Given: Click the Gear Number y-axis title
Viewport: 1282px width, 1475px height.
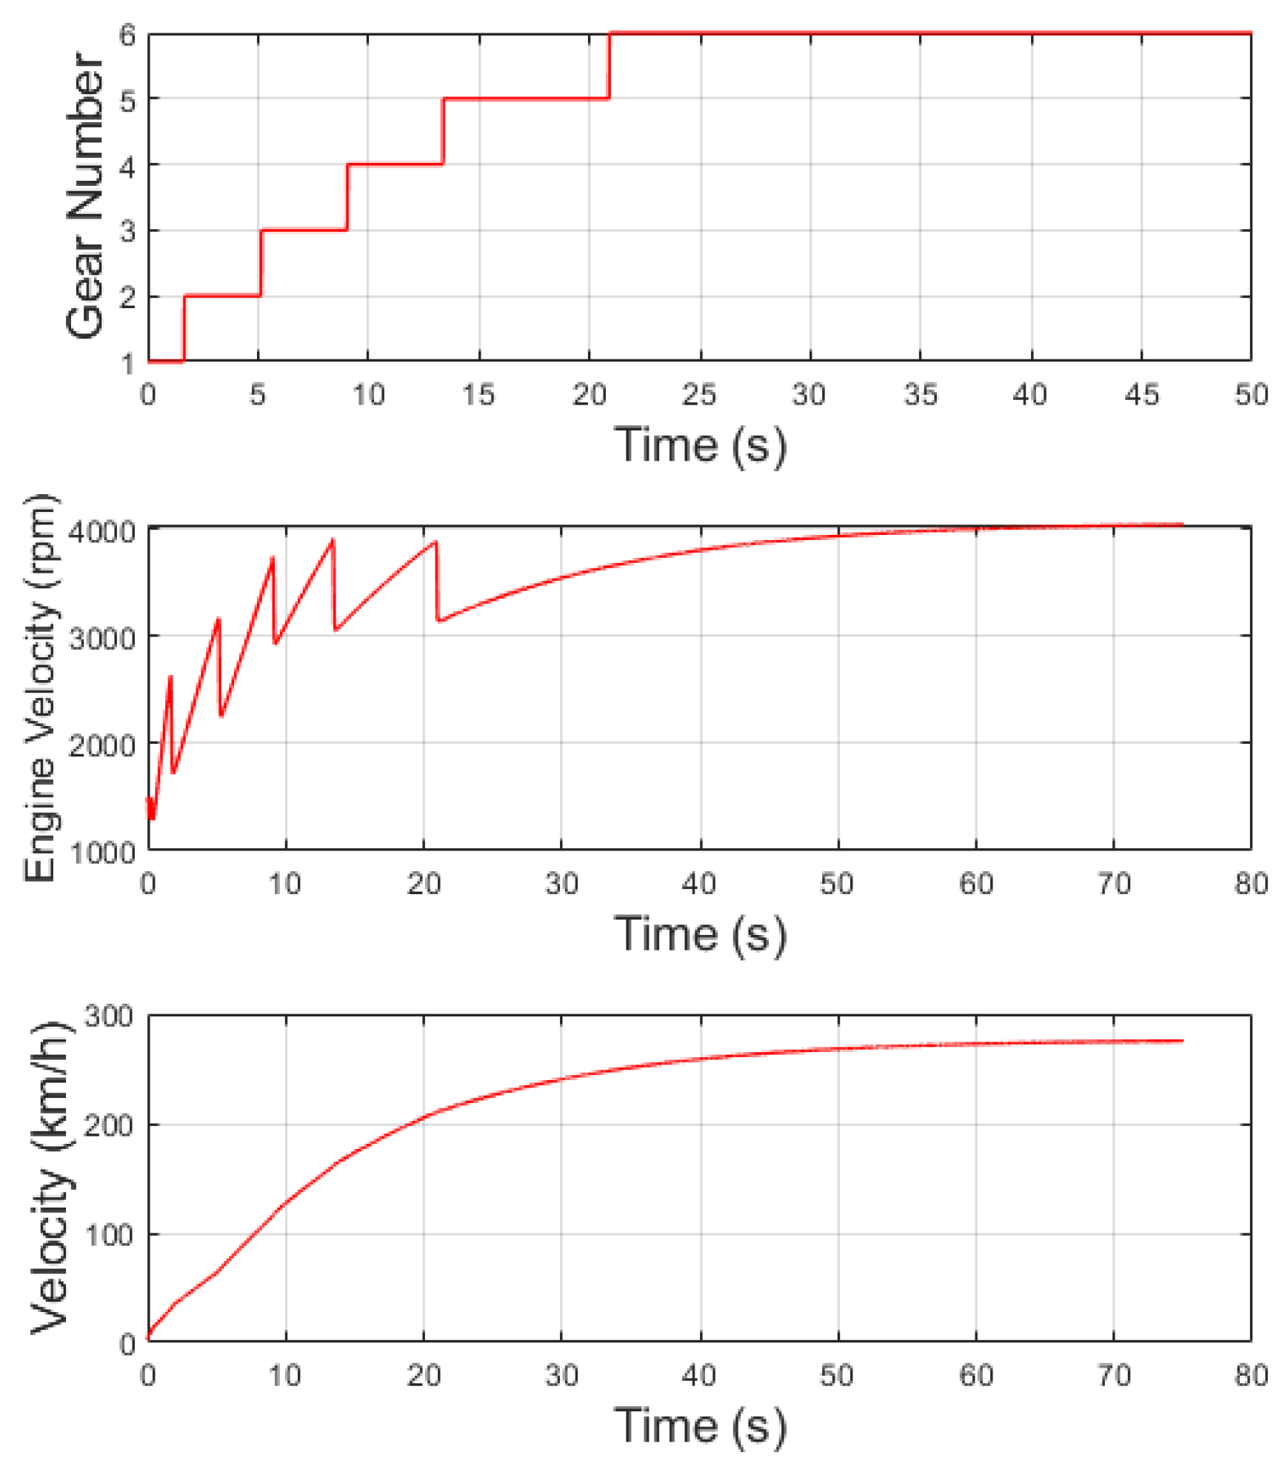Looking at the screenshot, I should click(85, 196).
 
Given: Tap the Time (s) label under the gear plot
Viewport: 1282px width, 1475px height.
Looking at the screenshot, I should click(700, 445).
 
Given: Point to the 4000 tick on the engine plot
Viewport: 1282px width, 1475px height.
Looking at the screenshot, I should click(102, 531).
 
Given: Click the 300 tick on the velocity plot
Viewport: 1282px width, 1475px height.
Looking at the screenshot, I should click(109, 1016).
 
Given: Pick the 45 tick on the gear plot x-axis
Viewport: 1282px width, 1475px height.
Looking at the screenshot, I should click(1141, 395).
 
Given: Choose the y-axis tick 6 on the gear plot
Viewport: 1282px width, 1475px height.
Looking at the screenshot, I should click(127, 35).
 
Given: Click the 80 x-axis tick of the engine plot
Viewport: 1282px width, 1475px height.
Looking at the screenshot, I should click(1251, 883).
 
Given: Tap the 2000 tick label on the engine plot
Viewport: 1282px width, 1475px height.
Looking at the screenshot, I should click(102, 745).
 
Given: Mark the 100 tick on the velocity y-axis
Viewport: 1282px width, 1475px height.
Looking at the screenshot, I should click(109, 1235).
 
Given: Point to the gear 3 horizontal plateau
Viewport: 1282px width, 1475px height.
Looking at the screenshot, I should click(304, 230).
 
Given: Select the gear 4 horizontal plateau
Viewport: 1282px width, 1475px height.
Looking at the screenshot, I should click(395, 164).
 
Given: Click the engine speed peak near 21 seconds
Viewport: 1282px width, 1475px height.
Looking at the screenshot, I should click(436, 542).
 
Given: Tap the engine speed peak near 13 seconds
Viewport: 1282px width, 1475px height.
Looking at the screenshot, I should click(333, 540).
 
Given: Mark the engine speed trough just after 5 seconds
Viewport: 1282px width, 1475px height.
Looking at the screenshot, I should click(221, 716).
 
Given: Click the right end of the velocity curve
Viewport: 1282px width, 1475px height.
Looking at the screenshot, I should click(1182, 1041).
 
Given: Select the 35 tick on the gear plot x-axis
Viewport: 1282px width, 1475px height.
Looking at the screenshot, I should click(921, 395).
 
